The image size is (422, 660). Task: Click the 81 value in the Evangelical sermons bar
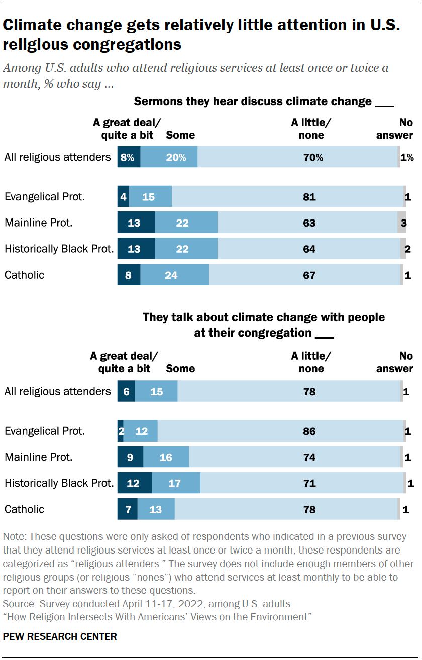click(x=309, y=197)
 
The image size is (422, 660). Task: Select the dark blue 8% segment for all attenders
click(x=127, y=157)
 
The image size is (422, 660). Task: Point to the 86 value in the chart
click(x=309, y=431)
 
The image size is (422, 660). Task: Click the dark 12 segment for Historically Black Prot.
click(x=133, y=483)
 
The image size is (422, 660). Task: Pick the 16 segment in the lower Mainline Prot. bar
click(x=165, y=457)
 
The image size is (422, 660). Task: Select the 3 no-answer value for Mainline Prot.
click(x=403, y=223)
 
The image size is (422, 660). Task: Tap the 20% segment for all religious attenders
click(x=176, y=157)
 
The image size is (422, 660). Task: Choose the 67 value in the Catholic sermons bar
click(x=309, y=275)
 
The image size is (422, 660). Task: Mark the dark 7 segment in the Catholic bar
click(x=127, y=509)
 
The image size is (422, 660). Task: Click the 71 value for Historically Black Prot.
click(x=309, y=483)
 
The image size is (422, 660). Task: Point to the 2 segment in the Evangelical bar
click(x=121, y=431)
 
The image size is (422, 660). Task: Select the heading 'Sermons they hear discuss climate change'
click(x=253, y=102)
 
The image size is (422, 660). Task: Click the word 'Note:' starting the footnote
click(x=15, y=536)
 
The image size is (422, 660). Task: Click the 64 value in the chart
click(x=309, y=249)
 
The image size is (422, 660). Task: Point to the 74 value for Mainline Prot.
click(x=309, y=457)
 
